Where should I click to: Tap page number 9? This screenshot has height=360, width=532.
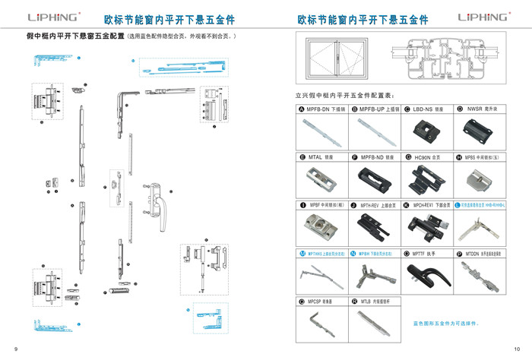[15, 348]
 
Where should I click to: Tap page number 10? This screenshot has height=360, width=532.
[517, 348]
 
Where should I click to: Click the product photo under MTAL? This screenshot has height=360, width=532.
[320, 180]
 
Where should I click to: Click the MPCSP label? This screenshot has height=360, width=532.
[319, 302]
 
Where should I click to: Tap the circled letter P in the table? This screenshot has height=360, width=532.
[458, 253]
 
